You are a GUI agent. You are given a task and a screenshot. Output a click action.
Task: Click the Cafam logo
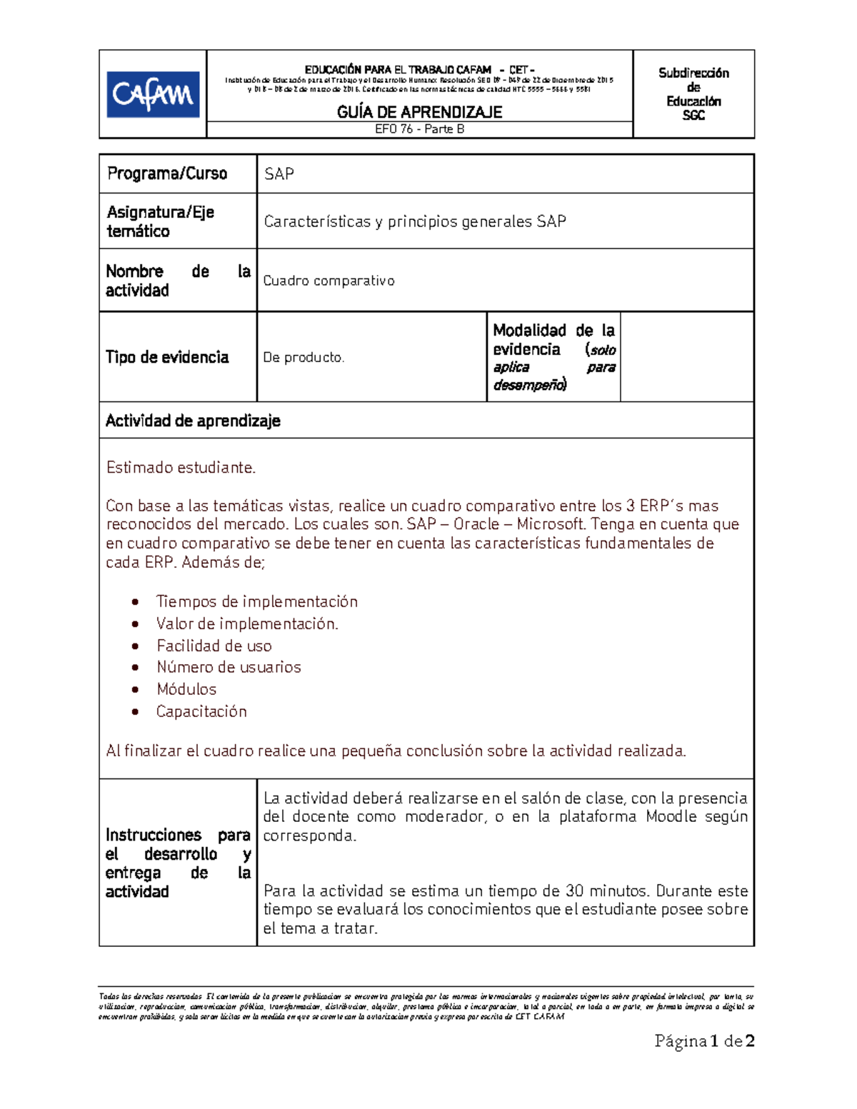pos(153,94)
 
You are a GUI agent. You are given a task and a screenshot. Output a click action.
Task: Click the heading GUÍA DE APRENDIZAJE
pos(419,112)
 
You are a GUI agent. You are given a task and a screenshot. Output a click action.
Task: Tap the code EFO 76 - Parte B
pos(419,129)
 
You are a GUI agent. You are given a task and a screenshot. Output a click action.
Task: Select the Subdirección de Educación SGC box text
pos(693,94)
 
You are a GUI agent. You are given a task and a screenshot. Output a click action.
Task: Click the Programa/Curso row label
pos(167,174)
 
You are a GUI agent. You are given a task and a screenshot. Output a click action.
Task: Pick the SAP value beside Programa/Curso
pos(279,174)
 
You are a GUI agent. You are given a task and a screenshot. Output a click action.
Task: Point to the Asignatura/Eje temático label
pos(160,221)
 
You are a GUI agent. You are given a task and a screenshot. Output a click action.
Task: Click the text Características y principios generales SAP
pos(414,221)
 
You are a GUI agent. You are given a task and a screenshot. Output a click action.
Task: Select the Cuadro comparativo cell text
pos(329,281)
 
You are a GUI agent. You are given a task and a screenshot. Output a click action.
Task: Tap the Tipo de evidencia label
pos(167,357)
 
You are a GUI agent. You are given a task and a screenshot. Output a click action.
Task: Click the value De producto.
pos(304,357)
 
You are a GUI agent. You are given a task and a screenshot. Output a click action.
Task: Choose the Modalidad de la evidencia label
pos(553,357)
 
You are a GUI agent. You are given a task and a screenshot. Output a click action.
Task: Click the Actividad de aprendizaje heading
pos(193,421)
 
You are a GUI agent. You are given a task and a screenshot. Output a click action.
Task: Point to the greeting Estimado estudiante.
pos(181,468)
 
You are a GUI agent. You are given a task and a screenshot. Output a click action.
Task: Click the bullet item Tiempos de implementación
pos(256,601)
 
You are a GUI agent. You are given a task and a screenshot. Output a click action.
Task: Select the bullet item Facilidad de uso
pos(214,646)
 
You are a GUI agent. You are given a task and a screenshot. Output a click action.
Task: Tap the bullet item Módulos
pos(186,689)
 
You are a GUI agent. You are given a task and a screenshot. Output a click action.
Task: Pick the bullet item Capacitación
pos(201,711)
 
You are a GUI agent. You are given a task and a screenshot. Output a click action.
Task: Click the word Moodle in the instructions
pos(671,817)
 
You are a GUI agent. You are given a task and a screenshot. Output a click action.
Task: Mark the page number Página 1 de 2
pos(704,1041)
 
